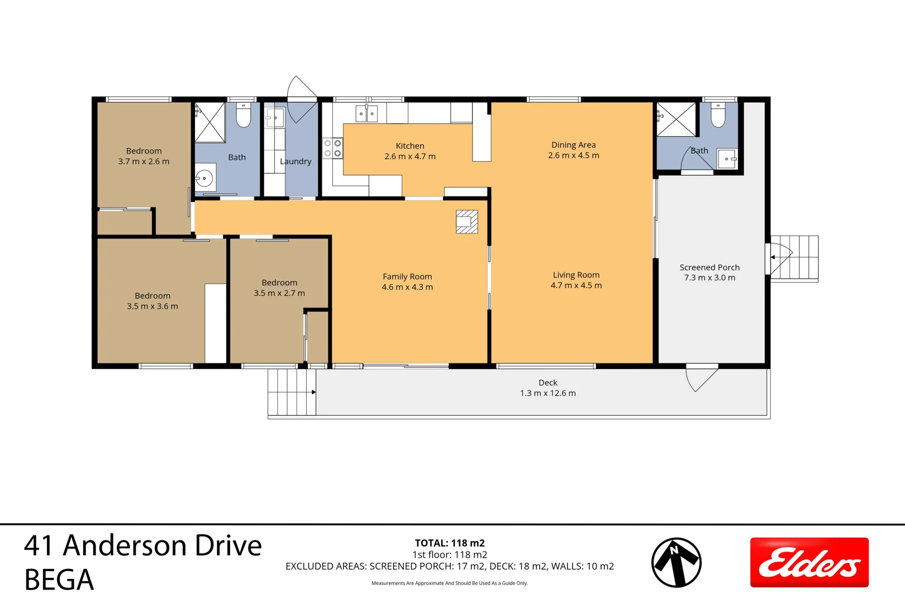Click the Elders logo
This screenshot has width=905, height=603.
pos(809,562)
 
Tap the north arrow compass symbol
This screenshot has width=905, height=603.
pos(676,562)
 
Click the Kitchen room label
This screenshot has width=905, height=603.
pos(410,146)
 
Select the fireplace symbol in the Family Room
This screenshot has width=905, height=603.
pos(466,221)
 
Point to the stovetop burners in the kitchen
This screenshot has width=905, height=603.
pos(332,148)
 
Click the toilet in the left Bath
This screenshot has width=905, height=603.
pos(243,115)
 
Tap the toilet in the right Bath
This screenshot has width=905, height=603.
pos(718,115)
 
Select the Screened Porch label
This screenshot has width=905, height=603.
pos(709,267)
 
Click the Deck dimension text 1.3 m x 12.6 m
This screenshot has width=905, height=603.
pos(547,393)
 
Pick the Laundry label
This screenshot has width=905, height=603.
pos(295,161)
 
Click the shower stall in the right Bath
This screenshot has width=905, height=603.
pos(676,119)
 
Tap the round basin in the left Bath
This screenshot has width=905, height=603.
pos(204,179)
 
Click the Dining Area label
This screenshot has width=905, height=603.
pos(573,145)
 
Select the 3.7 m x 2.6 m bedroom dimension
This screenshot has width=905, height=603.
pos(144,161)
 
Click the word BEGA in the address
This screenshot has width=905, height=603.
pos(59,580)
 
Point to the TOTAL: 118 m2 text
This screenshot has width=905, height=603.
pos(450,543)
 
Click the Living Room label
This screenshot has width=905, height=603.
pos(576,275)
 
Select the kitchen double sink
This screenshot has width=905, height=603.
pos(366,113)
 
